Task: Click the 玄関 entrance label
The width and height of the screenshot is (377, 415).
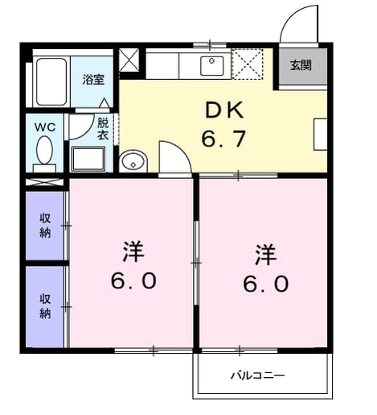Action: click(x=301, y=65)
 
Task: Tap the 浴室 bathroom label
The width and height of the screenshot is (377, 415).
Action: click(x=93, y=80)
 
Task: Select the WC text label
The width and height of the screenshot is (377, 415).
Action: click(x=45, y=127)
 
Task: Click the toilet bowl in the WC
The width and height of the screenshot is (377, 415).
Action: click(x=44, y=150)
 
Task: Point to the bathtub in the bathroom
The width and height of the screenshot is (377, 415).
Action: click(x=51, y=81)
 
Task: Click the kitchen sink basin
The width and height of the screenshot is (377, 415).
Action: click(x=212, y=66)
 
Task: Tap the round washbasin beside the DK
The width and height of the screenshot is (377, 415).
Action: click(x=133, y=161)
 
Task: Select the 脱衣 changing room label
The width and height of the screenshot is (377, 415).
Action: click(x=103, y=129)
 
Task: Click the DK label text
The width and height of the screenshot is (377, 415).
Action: click(x=224, y=110)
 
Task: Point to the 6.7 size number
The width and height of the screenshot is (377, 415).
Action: click(x=223, y=139)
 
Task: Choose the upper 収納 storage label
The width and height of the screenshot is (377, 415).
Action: click(x=45, y=226)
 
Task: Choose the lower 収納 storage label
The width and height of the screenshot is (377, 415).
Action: click(x=45, y=306)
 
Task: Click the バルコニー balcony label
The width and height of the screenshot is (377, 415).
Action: click(x=257, y=375)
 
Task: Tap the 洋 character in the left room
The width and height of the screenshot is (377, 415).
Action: click(x=133, y=251)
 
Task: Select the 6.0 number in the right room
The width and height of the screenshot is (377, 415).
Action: click(x=266, y=284)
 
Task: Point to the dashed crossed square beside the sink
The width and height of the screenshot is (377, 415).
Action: click(x=248, y=64)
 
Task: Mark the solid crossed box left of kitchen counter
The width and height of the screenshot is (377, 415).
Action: click(x=129, y=60)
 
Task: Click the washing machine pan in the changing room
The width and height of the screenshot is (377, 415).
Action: click(x=88, y=160)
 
